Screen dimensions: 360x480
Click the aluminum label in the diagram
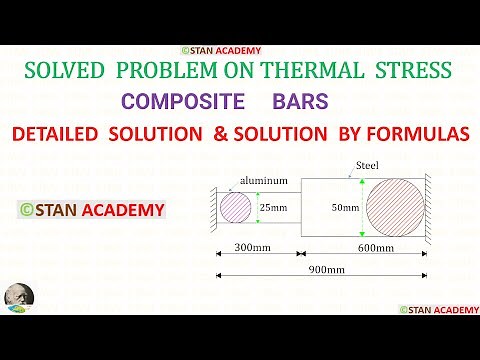point(263,180)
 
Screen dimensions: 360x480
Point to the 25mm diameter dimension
point(273,207)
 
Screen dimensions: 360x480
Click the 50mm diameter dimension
point(344,207)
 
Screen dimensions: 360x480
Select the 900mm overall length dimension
point(326,270)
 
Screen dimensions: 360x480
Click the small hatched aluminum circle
point(236,208)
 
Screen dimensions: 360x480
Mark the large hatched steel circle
point(394,207)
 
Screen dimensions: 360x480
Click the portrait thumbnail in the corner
point(18,297)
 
